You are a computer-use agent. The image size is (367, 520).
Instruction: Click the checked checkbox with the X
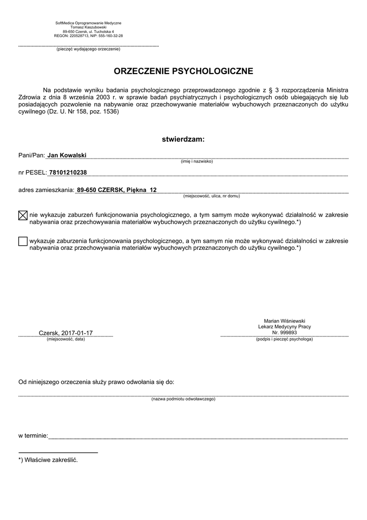point(22,215)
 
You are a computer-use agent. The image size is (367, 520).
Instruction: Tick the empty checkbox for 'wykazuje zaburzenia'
point(22,241)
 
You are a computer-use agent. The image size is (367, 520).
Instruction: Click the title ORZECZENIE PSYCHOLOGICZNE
point(183,71)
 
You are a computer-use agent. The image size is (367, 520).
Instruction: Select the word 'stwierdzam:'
point(183,139)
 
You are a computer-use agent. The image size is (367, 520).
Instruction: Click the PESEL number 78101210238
point(67,173)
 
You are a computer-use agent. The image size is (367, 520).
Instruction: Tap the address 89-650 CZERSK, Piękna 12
point(117,189)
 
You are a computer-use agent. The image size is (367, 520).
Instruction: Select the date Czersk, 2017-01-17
point(66,333)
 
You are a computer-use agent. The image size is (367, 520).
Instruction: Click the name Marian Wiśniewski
point(284,321)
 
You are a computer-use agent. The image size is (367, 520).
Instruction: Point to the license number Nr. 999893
point(284,333)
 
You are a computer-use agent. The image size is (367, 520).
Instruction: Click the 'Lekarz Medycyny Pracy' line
point(284,327)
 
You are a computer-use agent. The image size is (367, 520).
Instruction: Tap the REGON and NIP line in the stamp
point(88,36)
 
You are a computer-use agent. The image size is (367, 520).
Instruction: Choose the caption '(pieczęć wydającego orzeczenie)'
point(88,49)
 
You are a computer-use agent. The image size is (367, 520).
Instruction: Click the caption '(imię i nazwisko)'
point(197,161)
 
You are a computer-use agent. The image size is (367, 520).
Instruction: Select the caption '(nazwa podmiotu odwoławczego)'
point(183,399)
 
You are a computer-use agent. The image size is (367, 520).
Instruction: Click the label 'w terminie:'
point(33,436)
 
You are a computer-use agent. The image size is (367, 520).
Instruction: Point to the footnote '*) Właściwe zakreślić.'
point(48,460)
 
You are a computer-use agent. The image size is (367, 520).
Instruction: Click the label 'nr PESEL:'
point(32,173)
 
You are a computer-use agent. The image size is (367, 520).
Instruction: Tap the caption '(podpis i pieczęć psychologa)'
point(284,339)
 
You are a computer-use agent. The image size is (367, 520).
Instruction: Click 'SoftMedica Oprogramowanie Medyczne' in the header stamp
point(88,23)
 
